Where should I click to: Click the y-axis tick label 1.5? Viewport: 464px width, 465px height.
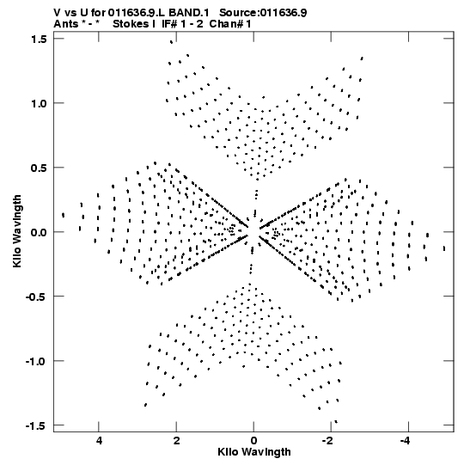click(x=40, y=39)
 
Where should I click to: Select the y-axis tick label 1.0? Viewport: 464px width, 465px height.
click(x=40, y=103)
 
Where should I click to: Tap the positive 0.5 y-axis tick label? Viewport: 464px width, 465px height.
click(x=40, y=168)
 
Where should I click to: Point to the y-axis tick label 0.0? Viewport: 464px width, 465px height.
click(x=40, y=232)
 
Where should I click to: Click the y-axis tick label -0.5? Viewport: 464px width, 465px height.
click(x=37, y=297)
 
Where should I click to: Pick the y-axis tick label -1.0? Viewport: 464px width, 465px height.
click(x=37, y=361)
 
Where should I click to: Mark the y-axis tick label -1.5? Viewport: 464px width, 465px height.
click(x=37, y=425)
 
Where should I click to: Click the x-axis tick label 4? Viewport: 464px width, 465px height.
click(x=99, y=440)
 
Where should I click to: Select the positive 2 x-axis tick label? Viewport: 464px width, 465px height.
click(x=176, y=440)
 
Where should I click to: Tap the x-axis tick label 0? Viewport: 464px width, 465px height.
click(x=253, y=440)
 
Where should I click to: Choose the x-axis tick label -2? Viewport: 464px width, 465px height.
click(x=328, y=440)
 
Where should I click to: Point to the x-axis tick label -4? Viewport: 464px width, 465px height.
click(x=406, y=440)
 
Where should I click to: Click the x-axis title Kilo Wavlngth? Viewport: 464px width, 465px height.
click(x=254, y=451)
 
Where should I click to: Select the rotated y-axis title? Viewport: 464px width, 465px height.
click(x=17, y=231)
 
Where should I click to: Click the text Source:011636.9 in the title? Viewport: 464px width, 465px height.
click(x=263, y=13)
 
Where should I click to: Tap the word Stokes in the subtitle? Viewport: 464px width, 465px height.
click(x=131, y=24)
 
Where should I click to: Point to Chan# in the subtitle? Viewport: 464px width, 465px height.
click(x=227, y=24)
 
